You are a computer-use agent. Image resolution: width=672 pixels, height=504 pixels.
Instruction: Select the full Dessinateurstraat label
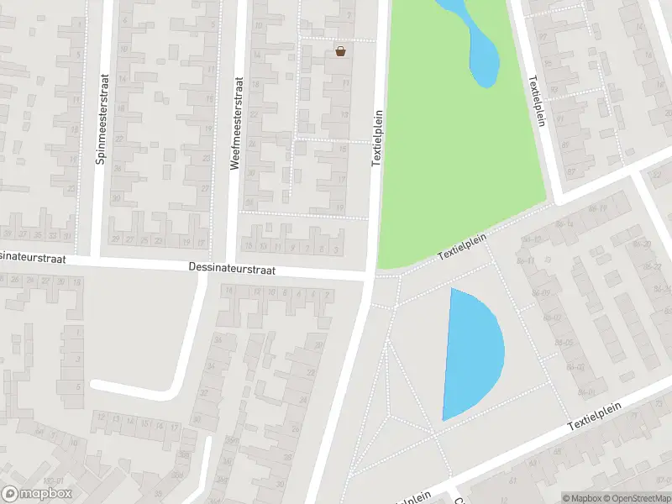tap(231, 270)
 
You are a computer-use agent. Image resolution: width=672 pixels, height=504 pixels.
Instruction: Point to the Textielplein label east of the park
tap(536, 100)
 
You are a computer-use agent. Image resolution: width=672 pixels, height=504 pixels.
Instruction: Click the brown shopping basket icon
tap(340, 51)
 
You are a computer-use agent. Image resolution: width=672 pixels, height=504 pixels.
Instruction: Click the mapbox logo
tap(37, 494)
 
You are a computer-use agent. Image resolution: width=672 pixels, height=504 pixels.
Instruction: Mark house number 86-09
tap(553, 294)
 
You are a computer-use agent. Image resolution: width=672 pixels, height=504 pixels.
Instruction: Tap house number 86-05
tap(564, 343)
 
